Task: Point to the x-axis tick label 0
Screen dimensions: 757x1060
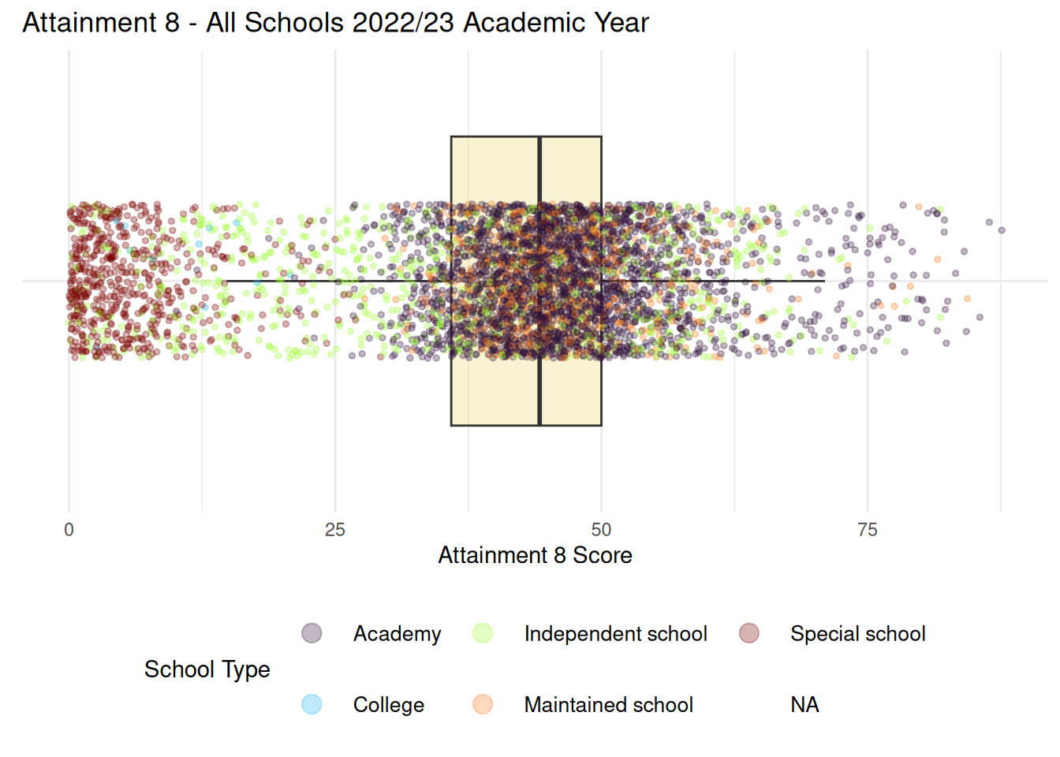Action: (69, 530)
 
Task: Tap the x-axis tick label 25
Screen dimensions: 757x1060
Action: (335, 530)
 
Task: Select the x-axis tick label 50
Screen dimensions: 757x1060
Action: (601, 530)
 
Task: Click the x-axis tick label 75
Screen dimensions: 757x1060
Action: (868, 530)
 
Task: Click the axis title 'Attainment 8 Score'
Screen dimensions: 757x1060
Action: (535, 555)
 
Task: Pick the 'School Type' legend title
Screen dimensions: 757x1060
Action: (207, 669)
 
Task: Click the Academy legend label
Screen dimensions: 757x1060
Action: (397, 634)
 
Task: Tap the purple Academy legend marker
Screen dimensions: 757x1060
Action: (312, 633)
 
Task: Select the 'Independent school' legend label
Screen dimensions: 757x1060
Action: (615, 634)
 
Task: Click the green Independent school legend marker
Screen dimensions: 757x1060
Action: (483, 633)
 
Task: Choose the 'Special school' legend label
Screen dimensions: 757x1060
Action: (857, 634)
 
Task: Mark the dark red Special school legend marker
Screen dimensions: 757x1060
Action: (749, 633)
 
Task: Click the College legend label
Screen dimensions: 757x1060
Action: (388, 705)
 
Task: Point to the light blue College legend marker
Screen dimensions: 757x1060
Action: (312, 704)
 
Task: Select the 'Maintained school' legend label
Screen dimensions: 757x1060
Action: (608, 705)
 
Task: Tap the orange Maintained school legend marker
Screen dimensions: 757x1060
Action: (483, 704)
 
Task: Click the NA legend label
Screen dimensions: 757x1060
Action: (804, 705)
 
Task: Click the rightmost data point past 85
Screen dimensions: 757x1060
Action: (1002, 230)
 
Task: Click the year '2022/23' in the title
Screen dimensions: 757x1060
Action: (403, 23)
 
